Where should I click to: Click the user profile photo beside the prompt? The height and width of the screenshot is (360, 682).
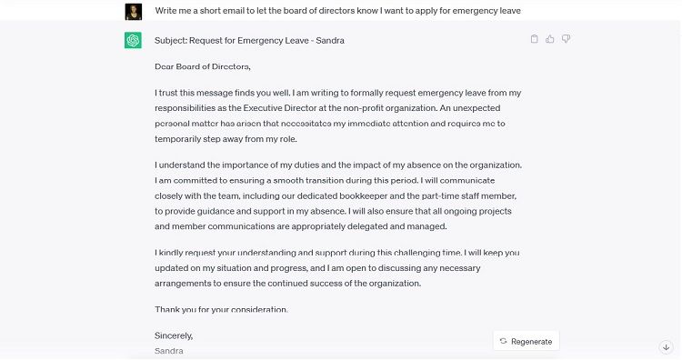click(x=133, y=10)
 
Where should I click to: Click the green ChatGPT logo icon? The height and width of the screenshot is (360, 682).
click(x=133, y=41)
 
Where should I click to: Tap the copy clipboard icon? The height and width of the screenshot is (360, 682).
click(x=535, y=39)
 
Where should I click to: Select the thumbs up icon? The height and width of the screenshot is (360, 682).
click(x=550, y=39)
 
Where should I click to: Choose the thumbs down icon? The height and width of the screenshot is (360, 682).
click(x=566, y=39)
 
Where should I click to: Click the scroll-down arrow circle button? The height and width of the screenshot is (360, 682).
click(x=666, y=346)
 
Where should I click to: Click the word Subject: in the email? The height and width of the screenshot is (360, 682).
click(x=171, y=41)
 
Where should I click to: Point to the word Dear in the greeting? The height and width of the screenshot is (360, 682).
click(x=165, y=66)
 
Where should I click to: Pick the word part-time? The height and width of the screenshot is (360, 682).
click(x=433, y=195)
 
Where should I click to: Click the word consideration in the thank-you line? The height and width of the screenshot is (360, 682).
click(x=257, y=309)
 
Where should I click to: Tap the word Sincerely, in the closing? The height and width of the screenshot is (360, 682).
click(x=174, y=335)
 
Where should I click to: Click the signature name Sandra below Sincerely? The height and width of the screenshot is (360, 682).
click(x=169, y=350)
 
